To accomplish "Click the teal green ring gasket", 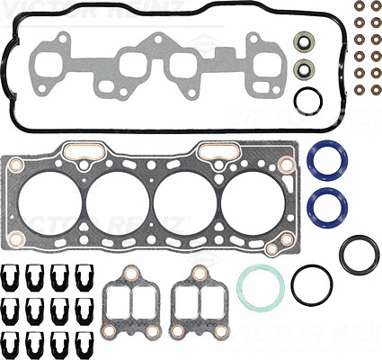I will point(261,285).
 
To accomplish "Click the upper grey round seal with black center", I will point(306,41).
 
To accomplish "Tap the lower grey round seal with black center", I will point(306,68).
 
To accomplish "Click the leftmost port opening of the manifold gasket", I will point(42,64).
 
